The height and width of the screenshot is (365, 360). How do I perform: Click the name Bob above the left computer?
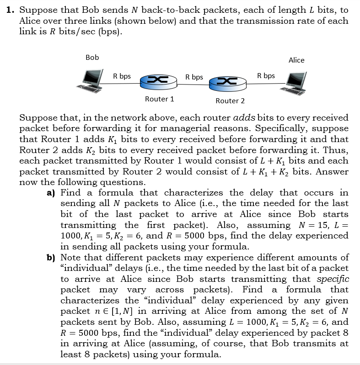point(92,58)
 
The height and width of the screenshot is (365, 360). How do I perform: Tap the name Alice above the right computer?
point(296,60)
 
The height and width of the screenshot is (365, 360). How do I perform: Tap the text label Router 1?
point(159,99)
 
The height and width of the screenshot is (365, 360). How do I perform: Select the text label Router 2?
point(230,101)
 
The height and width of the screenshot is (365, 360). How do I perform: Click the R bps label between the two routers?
point(194,77)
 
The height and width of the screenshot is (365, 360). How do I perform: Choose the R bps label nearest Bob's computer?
point(122,76)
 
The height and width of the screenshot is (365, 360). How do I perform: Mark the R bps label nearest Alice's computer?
point(266,76)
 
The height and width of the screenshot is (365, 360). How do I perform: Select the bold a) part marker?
point(52,193)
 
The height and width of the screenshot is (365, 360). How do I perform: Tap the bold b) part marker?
point(52,258)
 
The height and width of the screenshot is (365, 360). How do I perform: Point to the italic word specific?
point(333,279)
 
